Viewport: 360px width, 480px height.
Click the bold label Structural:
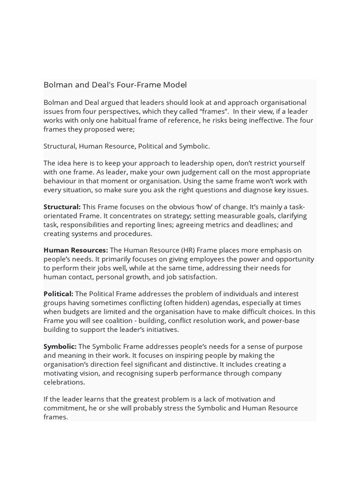62,207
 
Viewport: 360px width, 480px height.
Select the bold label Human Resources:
75,250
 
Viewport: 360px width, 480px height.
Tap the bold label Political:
58,293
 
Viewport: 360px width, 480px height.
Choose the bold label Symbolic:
60,346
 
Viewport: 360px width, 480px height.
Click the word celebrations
64,382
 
